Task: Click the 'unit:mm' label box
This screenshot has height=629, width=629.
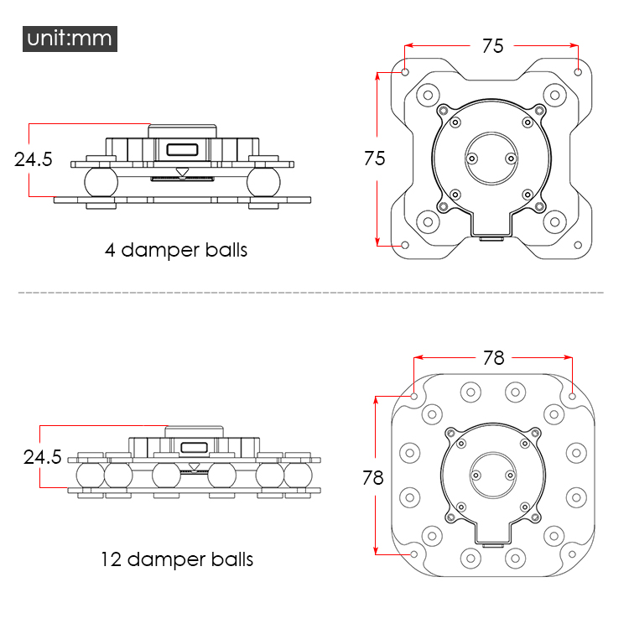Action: pos(70,39)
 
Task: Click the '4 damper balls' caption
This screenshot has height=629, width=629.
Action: pos(176,250)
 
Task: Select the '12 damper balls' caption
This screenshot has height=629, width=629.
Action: pos(177,559)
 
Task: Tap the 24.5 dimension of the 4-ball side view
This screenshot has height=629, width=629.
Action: pos(34,159)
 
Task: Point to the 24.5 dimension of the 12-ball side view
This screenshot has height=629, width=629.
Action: pos(43,457)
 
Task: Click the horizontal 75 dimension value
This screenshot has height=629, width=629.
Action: pos(493,46)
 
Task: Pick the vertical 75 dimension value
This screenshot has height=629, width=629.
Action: pos(375,158)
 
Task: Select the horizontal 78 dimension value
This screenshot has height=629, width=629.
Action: pos(494,357)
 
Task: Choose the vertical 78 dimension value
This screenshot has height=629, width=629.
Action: pos(372,477)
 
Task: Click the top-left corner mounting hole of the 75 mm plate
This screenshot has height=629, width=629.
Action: pos(405,72)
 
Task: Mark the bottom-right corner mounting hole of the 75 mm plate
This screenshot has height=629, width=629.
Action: pos(579,245)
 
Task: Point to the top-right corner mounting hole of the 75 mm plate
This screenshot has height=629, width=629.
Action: pos(579,72)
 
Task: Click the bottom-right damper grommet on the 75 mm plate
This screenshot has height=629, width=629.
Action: pos(554,222)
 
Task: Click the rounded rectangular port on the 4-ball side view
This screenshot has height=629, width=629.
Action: pos(183,150)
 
